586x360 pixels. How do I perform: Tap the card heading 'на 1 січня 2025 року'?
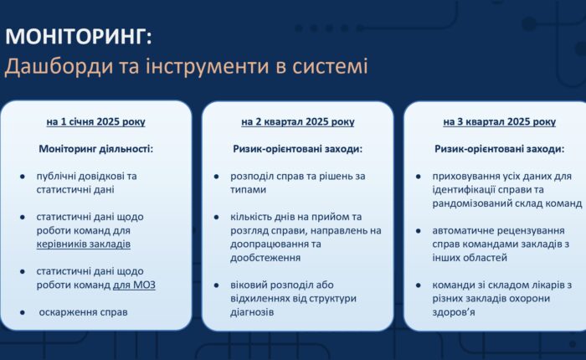(x=96, y=122)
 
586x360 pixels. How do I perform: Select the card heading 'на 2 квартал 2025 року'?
(x=297, y=122)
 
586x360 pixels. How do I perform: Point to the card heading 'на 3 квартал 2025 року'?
(x=499, y=122)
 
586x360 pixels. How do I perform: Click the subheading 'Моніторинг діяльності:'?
(x=96, y=149)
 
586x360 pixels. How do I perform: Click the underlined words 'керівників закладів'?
(x=84, y=244)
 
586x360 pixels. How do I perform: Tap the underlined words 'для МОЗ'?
(x=135, y=285)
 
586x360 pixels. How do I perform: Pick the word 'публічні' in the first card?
(x=57, y=176)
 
